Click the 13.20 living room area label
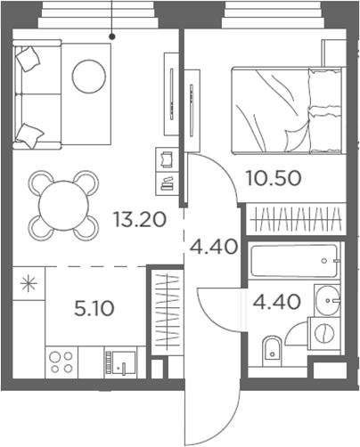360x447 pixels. [139, 219]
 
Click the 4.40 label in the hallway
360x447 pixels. [213, 245]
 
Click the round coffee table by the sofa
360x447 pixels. [89, 75]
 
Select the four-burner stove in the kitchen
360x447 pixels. [61, 362]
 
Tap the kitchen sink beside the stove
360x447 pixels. [120, 362]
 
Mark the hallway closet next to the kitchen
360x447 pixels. [166, 312]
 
